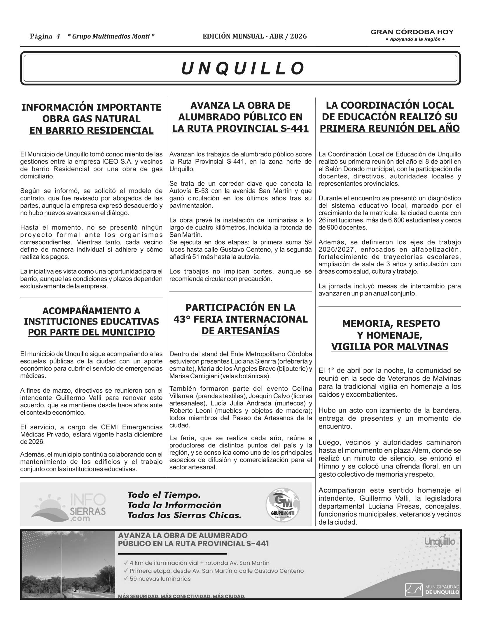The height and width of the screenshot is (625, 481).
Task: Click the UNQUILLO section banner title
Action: pyautogui.click(x=242, y=69)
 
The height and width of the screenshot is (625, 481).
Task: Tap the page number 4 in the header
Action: pyautogui.click(x=58, y=36)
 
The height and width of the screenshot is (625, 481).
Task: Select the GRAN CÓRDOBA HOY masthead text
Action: pyautogui.click(x=412, y=32)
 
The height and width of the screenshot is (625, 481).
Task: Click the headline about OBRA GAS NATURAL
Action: pyautogui.click(x=91, y=119)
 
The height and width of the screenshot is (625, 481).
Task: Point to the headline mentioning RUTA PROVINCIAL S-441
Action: pyautogui.click(x=240, y=128)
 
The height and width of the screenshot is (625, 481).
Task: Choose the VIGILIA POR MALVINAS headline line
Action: pyautogui.click(x=389, y=347)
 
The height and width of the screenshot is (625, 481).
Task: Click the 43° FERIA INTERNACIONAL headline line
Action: pyautogui.click(x=240, y=319)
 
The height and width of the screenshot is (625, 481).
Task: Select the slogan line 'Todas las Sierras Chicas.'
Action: pyautogui.click(x=184, y=516)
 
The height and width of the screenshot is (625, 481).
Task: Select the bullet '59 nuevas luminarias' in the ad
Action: pyautogui.click(x=160, y=579)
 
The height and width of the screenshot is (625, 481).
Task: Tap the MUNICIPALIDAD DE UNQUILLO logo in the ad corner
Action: pyautogui.click(x=432, y=590)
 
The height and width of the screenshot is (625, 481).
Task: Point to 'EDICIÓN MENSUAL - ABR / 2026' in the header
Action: pyautogui.click(x=255, y=36)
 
